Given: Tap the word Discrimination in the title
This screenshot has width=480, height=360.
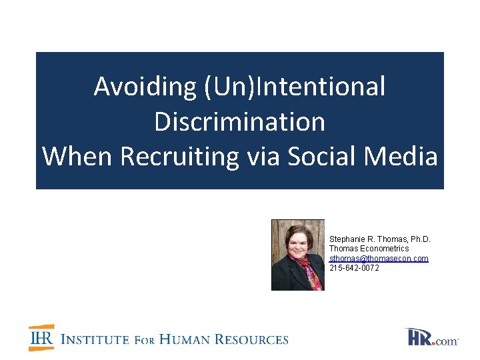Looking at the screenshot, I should (240, 121).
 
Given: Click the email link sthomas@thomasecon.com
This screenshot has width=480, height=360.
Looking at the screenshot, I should (379, 258).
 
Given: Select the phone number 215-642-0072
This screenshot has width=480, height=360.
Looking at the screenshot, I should (354, 267).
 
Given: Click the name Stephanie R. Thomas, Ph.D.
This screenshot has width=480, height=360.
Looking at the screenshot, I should (380, 239).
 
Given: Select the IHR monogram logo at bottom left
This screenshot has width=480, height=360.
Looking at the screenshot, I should (41, 338).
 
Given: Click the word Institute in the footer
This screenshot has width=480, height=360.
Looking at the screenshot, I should (95, 339).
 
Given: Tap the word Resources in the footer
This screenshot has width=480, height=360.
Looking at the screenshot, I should (255, 339).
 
